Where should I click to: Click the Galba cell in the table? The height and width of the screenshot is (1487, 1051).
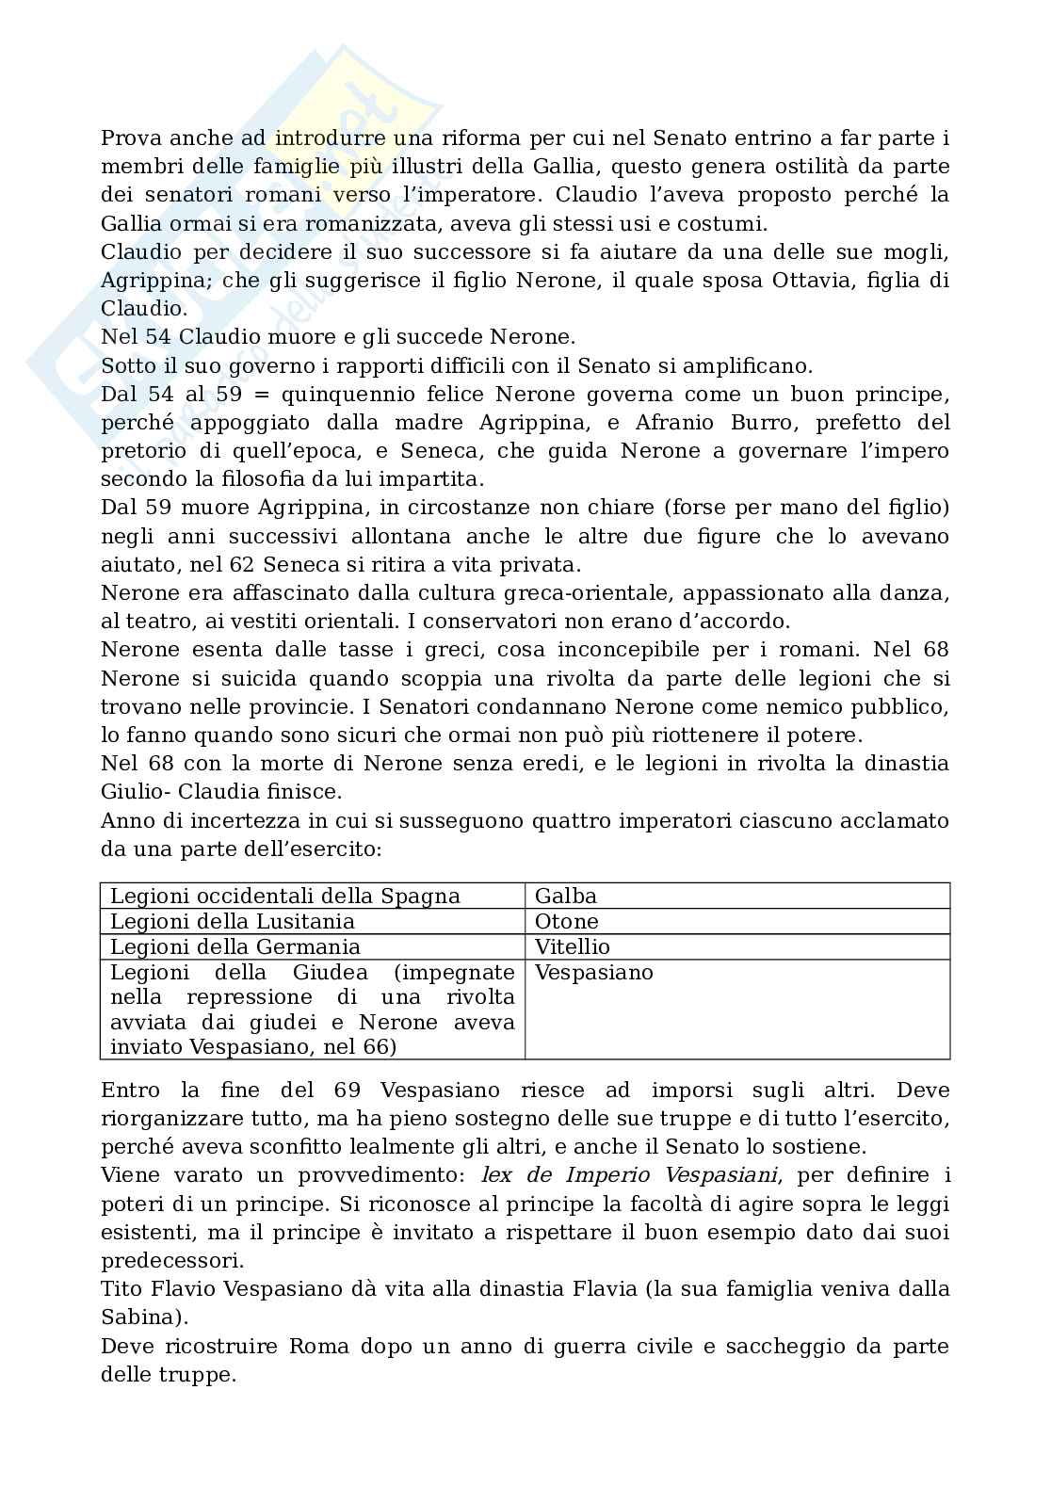(566, 896)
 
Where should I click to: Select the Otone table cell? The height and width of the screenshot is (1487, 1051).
(566, 921)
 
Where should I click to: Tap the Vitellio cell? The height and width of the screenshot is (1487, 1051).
(573, 946)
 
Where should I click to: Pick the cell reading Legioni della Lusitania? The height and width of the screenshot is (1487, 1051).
(233, 921)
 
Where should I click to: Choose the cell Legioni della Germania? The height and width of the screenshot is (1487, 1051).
(235, 946)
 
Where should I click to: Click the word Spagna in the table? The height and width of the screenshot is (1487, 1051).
(422, 896)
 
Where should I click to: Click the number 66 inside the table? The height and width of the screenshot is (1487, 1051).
(375, 1047)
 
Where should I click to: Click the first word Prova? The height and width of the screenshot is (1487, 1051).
(131, 138)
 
